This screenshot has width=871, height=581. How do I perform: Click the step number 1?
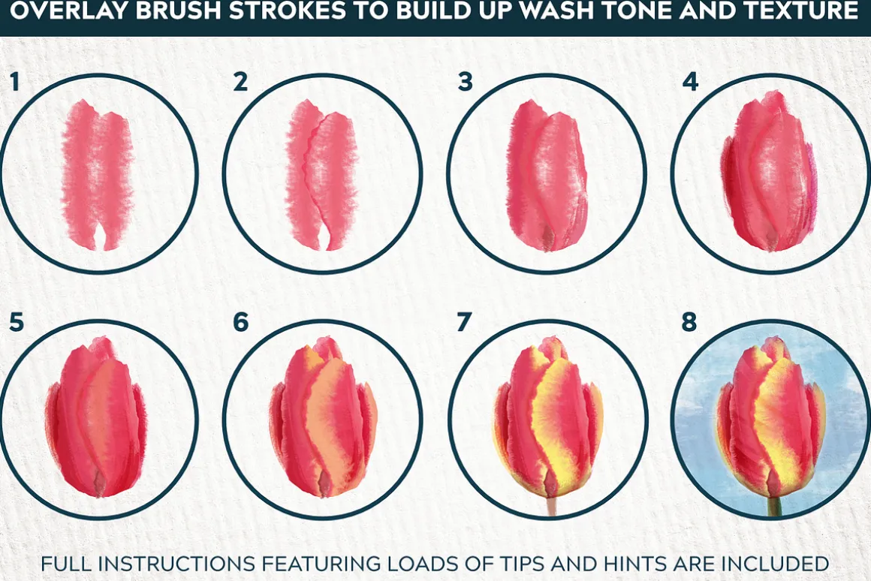(14, 82)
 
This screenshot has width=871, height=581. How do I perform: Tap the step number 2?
(240, 82)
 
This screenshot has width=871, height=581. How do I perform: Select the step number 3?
(465, 82)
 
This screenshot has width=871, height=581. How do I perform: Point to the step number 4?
(690, 82)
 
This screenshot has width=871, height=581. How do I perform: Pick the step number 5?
(16, 322)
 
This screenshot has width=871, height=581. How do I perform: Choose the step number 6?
(240, 322)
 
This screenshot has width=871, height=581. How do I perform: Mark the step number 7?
(464, 322)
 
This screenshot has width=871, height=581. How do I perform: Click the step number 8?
(689, 322)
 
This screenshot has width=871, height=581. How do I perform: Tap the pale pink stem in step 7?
(551, 505)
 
